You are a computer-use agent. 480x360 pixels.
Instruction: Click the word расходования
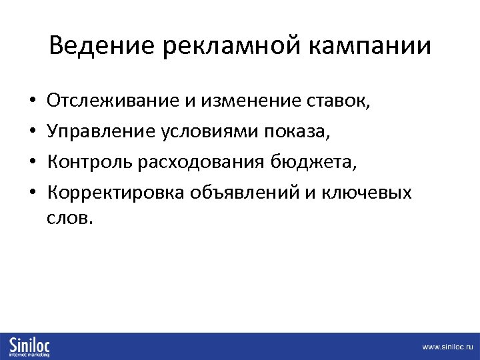coord(204,162)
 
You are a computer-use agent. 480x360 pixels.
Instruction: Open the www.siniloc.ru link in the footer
coord(446,347)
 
